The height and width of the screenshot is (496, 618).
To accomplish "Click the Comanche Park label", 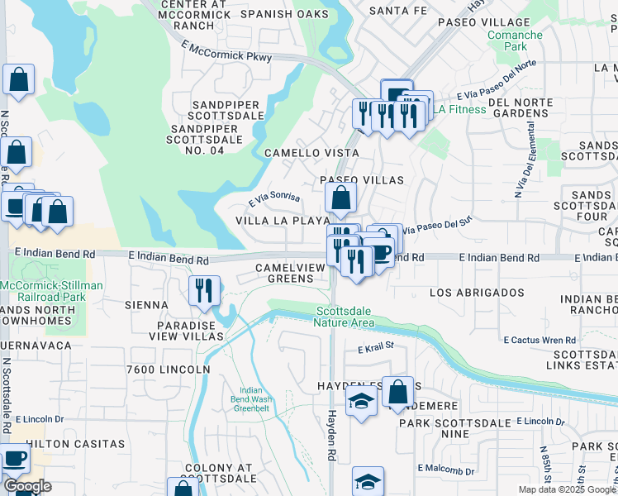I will point(515,42).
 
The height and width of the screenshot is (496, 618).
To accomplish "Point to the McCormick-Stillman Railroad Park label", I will point(51,291).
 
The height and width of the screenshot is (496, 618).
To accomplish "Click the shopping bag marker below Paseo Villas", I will point(340,199).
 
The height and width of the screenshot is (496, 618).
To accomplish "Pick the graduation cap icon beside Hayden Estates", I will point(361,403).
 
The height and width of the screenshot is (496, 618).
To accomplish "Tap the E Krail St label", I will point(376,351).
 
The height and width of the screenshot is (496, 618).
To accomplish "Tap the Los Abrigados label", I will point(467,293).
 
